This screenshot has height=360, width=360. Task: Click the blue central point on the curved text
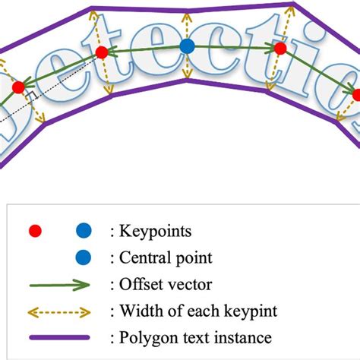[188, 47]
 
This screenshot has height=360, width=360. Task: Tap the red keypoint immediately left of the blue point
[101, 52]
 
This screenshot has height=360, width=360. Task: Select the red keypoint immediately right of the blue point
[279, 49]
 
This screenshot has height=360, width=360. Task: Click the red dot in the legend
[33, 230]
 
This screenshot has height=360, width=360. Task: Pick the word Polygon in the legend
[147, 338]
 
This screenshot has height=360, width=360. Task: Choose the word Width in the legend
[139, 311]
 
